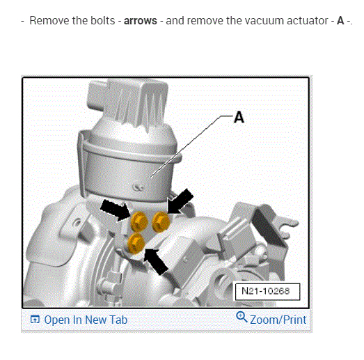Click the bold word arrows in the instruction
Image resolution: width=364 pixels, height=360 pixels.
[141, 21]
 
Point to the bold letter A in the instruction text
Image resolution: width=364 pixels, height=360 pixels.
[340, 20]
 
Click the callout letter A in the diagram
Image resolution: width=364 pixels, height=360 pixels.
[239, 117]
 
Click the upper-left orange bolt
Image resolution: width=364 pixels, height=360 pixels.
[139, 221]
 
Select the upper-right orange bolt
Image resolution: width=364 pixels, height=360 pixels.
[161, 221]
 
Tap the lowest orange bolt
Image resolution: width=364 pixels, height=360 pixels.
[136, 243]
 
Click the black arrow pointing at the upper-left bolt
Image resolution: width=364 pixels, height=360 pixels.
[115, 210]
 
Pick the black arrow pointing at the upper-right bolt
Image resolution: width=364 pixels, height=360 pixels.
[180, 201]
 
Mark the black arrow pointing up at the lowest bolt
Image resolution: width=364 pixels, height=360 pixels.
[155, 262]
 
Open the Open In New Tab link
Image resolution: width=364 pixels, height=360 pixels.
[86, 320]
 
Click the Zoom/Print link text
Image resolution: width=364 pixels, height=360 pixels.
[278, 320]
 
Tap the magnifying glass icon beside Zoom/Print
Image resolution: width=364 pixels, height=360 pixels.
[242, 317]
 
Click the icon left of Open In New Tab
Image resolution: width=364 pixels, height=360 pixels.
[35, 320]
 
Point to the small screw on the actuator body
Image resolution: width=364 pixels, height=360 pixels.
[138, 186]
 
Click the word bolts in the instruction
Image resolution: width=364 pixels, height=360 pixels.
[102, 20]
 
